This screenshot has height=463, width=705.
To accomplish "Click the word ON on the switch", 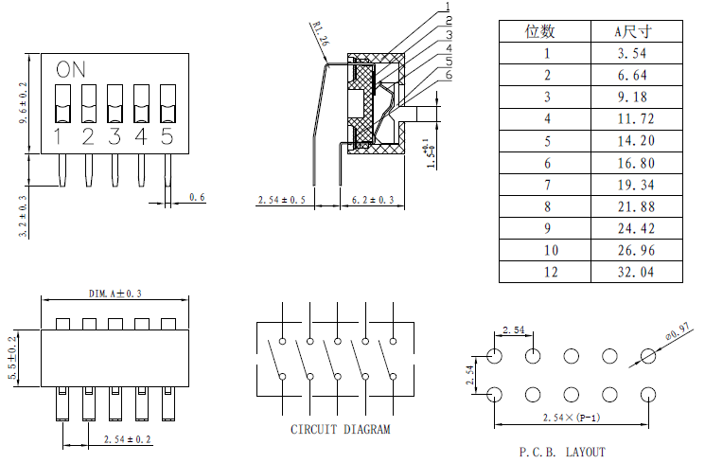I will coord(70,69).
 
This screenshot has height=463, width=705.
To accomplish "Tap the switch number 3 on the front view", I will coord(115,136).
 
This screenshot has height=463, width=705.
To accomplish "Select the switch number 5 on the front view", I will coord(167,136).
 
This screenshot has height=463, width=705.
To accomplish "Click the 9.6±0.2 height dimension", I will coord(24,103).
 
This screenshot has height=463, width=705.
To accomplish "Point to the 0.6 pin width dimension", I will coord(197,197).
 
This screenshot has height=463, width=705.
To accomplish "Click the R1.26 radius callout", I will coord(318,35).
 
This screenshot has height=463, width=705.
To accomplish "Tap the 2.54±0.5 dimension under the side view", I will coord(283,200).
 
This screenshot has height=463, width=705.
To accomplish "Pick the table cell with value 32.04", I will coord(636,272).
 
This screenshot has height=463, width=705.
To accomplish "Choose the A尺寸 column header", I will coord(636,31).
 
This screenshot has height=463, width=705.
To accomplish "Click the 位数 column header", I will coord(544,31).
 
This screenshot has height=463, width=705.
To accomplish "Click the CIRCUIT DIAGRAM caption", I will coord(340,429).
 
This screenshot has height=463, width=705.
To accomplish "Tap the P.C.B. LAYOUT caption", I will coord(562,452).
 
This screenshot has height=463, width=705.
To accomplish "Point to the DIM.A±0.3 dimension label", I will coord(115,294).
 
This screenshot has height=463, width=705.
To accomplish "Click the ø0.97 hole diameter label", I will coord(679,334).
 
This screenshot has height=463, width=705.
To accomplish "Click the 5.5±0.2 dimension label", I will coord(12,358).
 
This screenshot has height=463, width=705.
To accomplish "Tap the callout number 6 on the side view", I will coord(449,75).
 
